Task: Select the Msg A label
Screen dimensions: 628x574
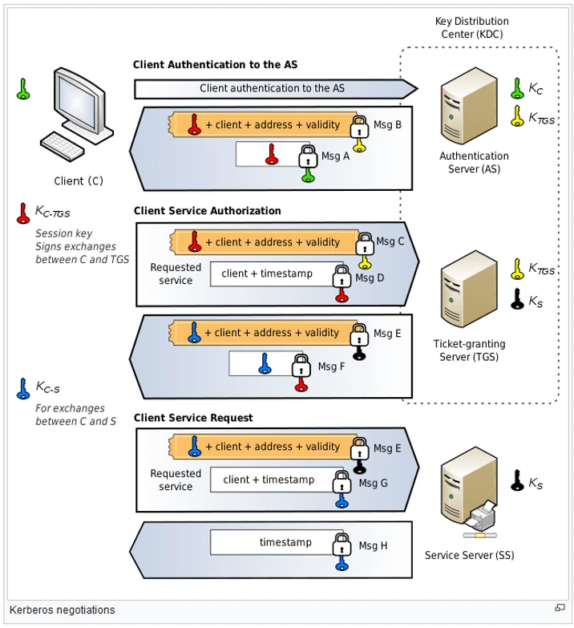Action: pos(336,156)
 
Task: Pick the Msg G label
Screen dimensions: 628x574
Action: pos(373,483)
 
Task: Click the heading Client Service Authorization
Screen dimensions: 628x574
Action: pos(207,211)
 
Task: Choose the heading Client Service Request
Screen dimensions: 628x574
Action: pos(193,418)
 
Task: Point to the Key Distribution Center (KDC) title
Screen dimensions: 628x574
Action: pos(471,27)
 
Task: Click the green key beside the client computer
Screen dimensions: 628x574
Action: pos(23,88)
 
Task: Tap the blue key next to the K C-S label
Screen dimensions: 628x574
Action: pos(23,389)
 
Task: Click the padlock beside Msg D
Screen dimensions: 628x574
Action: pos(342,276)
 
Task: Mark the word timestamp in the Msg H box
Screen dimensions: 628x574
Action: pos(285,542)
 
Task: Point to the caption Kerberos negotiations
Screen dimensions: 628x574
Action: pos(63,610)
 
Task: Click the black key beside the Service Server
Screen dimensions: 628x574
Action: pos(518,480)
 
